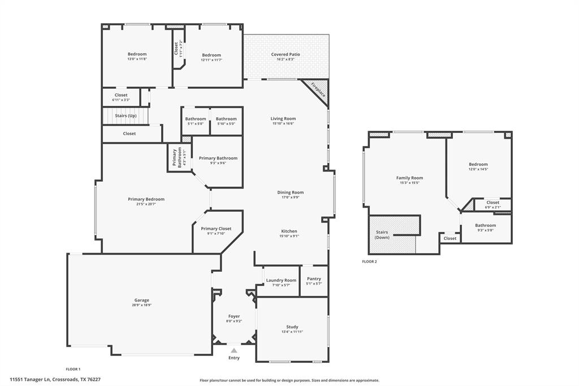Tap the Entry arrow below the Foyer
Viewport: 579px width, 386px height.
point(234,351)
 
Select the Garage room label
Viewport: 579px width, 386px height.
point(142,301)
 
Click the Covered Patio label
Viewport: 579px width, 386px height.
point(286,54)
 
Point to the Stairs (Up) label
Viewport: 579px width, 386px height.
point(126,115)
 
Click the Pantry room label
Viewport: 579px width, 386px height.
point(314,278)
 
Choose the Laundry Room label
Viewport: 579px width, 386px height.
point(281,280)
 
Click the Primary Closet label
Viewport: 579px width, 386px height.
point(216,229)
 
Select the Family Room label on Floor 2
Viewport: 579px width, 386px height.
point(409,178)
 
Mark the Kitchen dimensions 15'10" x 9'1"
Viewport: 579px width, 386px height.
point(289,236)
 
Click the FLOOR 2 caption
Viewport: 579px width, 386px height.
point(369,261)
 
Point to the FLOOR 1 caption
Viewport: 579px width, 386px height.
point(73,368)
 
